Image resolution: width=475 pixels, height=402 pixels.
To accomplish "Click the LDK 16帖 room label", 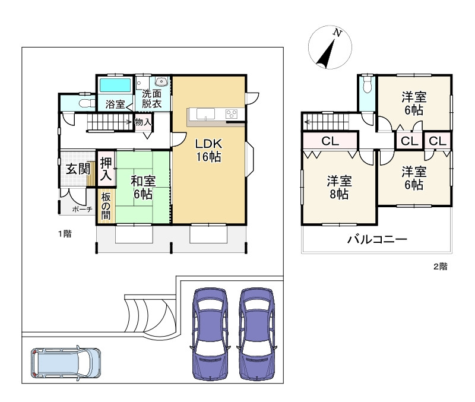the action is [208, 150].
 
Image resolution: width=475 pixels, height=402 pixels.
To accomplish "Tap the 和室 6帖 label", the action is [143, 188].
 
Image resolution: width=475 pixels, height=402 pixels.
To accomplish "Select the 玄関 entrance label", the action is [78, 169].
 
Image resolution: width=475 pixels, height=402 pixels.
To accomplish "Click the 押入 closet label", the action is [106, 169].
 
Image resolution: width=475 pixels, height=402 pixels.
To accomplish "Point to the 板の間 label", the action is [106, 206].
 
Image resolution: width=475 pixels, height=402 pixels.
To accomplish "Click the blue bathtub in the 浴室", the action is [115, 85].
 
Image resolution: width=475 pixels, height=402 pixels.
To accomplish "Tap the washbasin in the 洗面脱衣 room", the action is [161, 81].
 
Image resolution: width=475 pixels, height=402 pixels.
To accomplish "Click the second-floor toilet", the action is [367, 84].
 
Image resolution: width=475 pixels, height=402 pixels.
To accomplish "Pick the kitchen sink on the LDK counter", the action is [205, 114].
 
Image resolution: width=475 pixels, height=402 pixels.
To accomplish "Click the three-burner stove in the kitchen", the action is [232, 114].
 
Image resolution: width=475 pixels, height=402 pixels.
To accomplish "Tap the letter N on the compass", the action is [337, 33].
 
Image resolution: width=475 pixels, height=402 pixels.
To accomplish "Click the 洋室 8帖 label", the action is [339, 188].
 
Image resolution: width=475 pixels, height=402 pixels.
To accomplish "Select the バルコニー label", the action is [377, 239].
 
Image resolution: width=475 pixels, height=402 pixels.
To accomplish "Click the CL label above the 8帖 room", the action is [330, 141].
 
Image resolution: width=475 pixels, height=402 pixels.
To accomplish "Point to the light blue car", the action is [66, 363].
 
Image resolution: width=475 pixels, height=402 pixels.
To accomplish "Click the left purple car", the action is [210, 334].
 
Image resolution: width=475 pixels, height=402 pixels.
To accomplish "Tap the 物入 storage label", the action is [142, 122].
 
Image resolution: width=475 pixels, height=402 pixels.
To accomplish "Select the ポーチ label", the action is [82, 210].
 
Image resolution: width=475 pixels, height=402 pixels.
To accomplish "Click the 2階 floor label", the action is [440, 267].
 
